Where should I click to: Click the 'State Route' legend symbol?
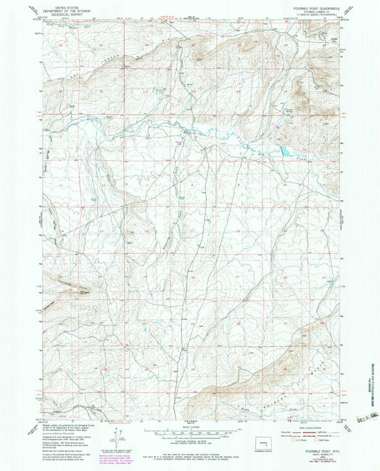click(x=317, y=440)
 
